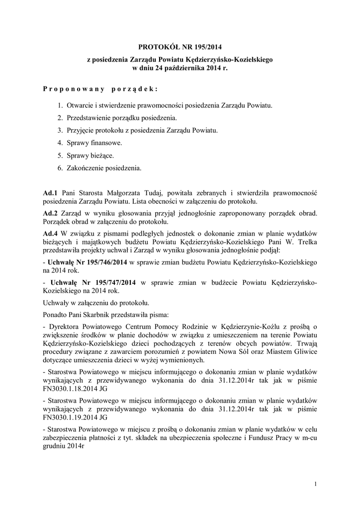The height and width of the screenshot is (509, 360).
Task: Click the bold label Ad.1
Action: [x=51, y=192]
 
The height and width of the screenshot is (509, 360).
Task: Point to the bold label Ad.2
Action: [x=51, y=213]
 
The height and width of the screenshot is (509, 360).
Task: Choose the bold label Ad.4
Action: [x=51, y=233]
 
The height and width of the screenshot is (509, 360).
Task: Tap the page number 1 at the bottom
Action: [x=316, y=484]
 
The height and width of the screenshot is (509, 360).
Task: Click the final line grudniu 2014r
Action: [x=64, y=446]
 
